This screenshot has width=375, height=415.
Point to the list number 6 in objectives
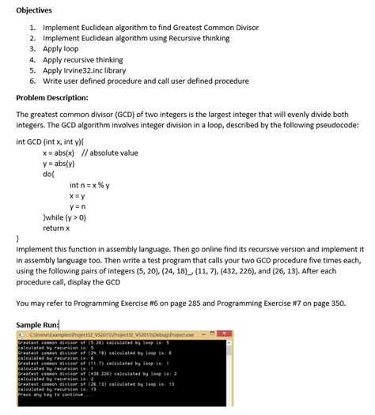(x=32, y=81)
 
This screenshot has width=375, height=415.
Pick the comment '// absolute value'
(x=110, y=153)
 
